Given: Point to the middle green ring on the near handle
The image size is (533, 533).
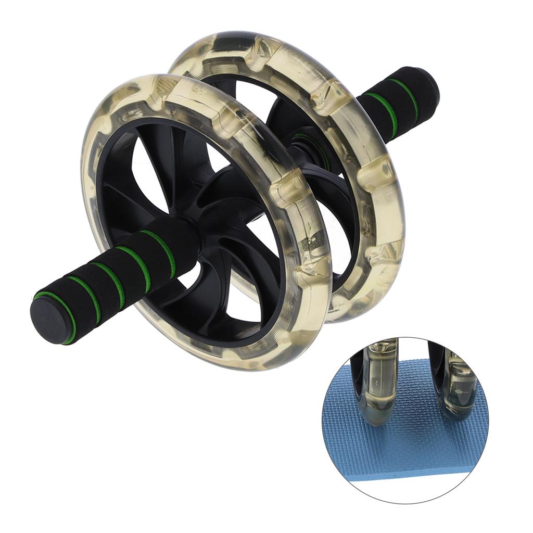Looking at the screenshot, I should coord(110,281).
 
